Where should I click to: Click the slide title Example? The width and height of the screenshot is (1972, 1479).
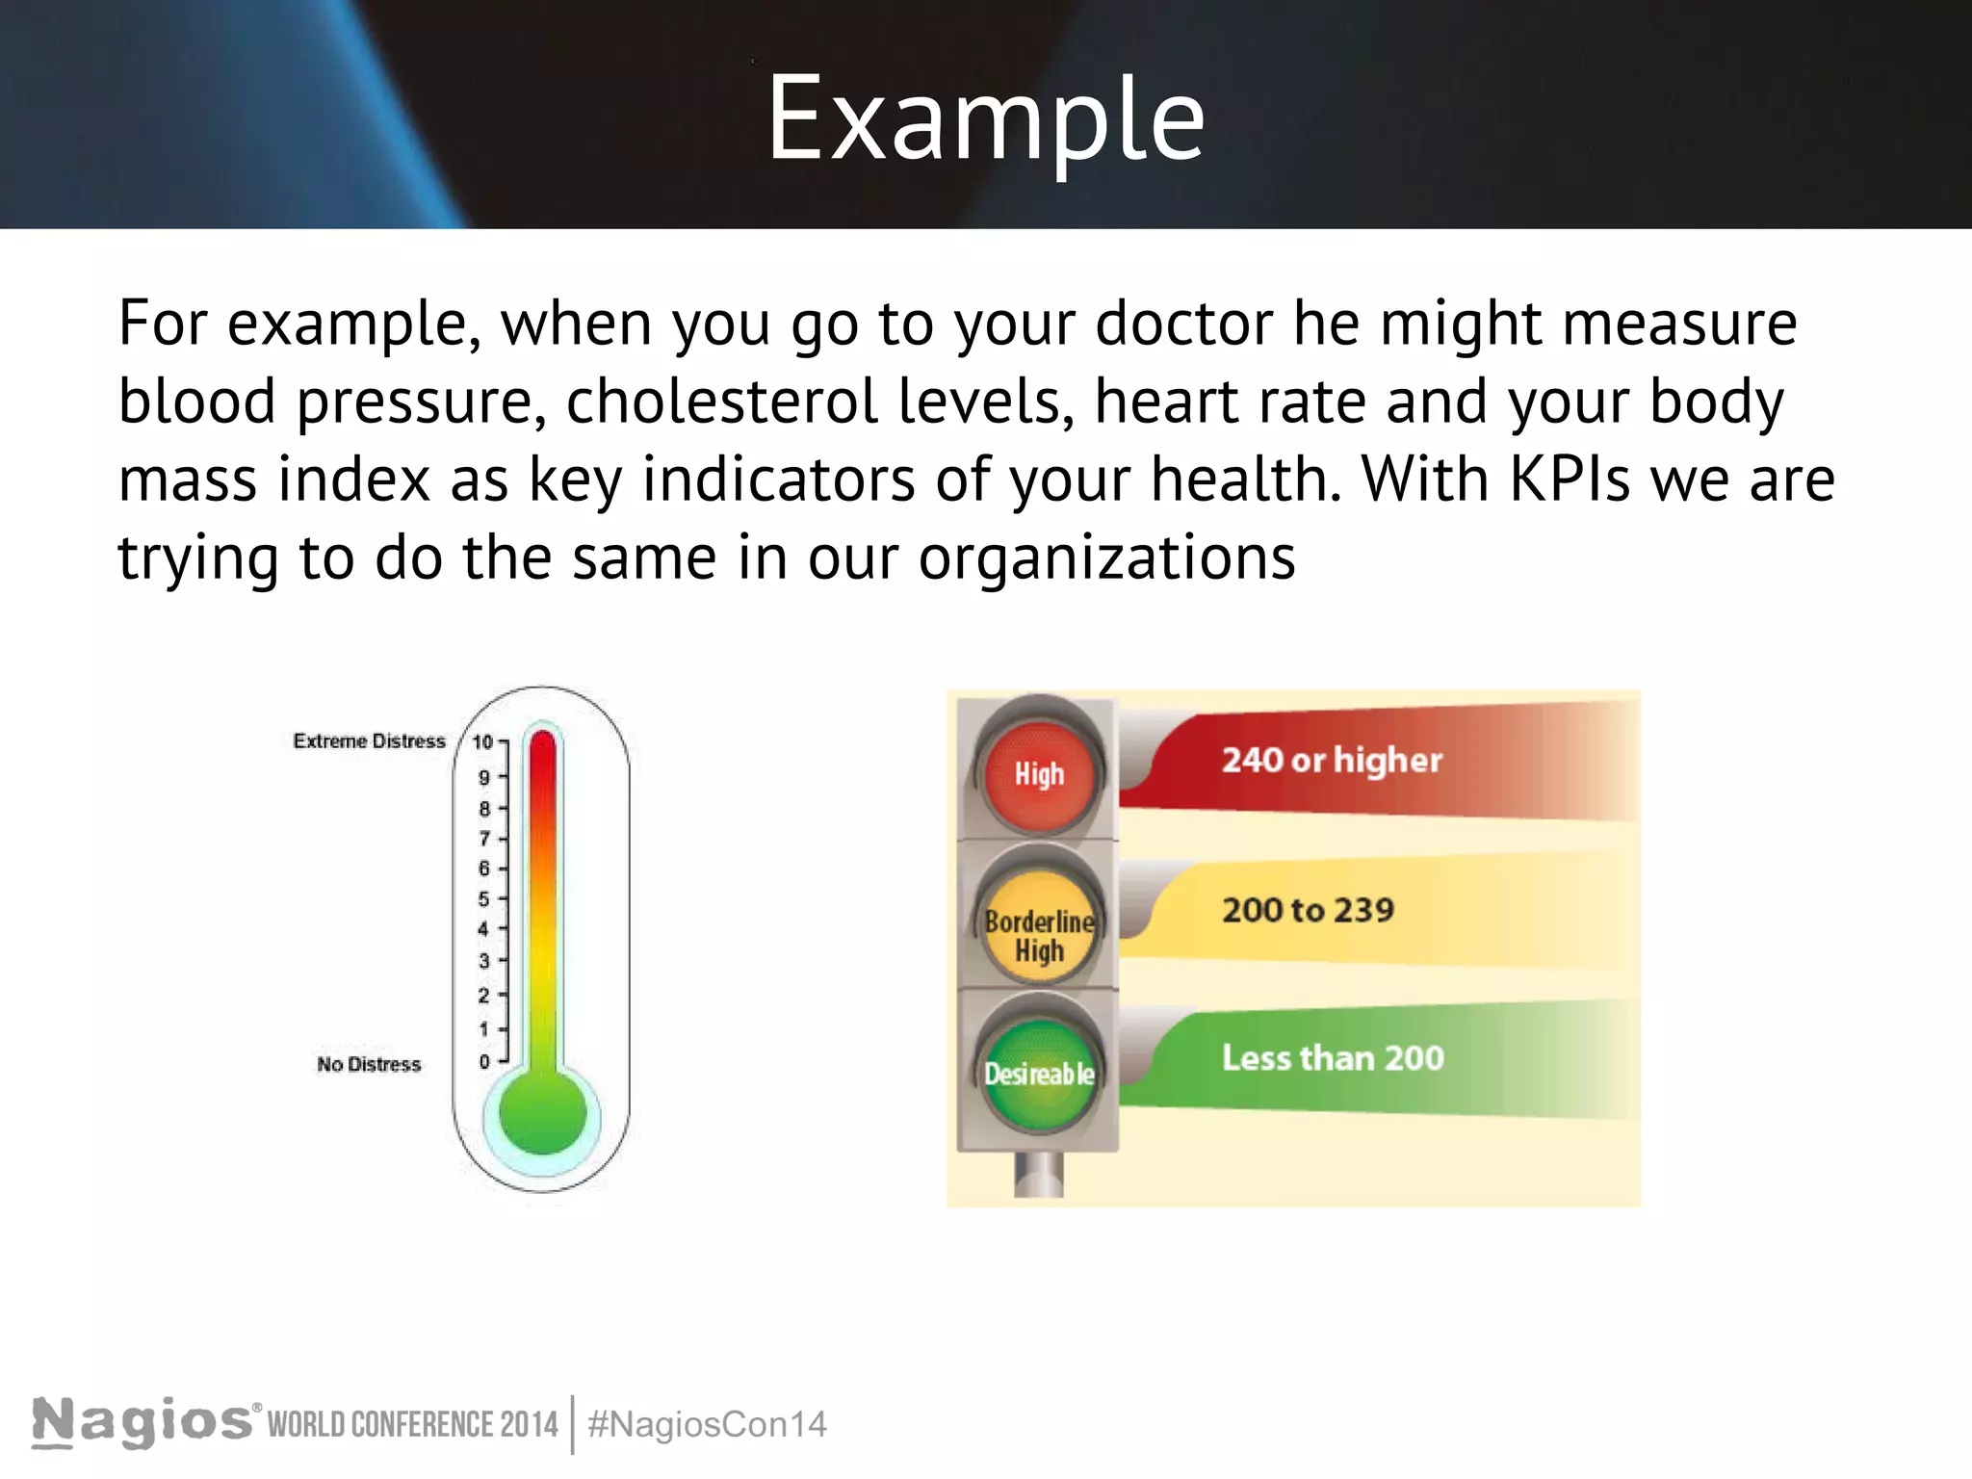coord(985,119)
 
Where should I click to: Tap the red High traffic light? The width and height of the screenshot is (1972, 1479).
coord(1039,774)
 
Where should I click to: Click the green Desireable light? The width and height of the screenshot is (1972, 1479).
coord(1039,1074)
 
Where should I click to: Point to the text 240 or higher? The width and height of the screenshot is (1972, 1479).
coord(1332,761)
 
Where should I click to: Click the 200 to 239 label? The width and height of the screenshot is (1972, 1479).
coord(1308,910)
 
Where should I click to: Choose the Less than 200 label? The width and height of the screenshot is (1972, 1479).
coord(1333,1058)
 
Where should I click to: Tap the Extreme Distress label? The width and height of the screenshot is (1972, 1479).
coord(369,741)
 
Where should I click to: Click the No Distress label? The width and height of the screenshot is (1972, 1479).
coord(369,1064)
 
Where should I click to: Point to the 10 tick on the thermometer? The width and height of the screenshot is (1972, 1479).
coord(483,742)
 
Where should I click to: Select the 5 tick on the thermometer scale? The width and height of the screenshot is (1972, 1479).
coord(484,899)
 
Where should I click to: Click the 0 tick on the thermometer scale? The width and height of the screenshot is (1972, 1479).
coord(484,1061)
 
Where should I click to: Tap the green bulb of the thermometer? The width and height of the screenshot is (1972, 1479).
coord(543,1113)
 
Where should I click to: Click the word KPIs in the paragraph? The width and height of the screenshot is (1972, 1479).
coord(1570,479)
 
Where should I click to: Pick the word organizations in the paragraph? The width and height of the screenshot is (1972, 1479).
coord(1106,558)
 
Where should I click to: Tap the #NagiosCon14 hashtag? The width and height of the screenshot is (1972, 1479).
coord(707,1425)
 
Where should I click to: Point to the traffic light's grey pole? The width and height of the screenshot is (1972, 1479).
coord(1039,1175)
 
